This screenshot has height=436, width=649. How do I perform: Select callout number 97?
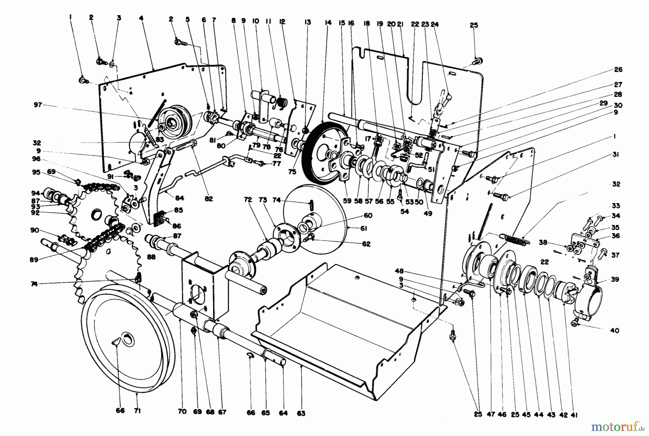click(x=37, y=105)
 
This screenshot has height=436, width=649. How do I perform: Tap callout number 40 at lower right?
click(x=614, y=330)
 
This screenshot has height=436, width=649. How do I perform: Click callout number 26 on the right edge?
click(x=618, y=69)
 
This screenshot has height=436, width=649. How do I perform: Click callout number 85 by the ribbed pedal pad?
click(x=178, y=210)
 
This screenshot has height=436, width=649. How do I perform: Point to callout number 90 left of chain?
click(x=35, y=230)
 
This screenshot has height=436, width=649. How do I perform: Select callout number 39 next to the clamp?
click(x=615, y=279)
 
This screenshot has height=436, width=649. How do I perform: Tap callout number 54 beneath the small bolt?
click(x=404, y=212)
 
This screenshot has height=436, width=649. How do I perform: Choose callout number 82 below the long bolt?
click(x=208, y=198)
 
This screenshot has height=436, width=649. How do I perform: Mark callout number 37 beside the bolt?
click(x=615, y=255)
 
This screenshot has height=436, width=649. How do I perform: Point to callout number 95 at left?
click(x=35, y=172)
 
